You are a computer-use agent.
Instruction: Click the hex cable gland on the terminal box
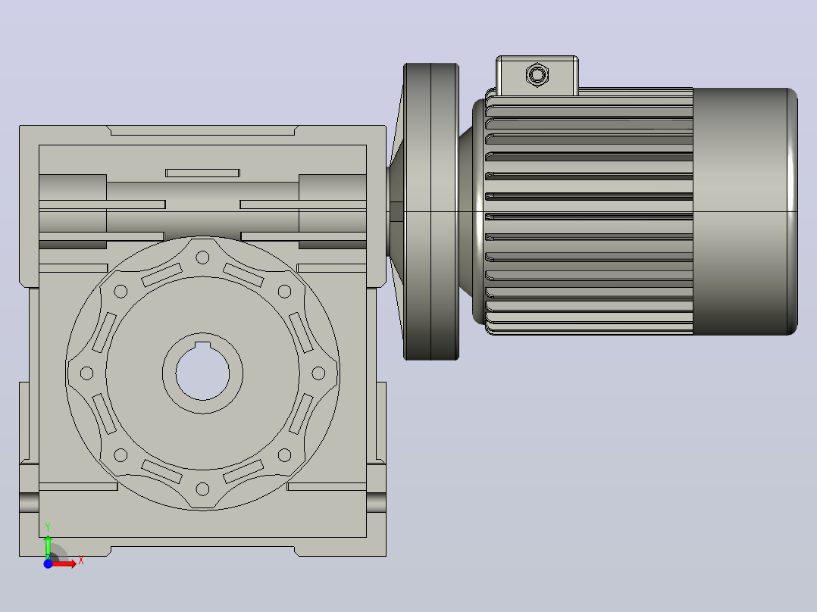pyautogui.click(x=537, y=74)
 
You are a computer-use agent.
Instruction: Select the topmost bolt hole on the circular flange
pyautogui.click(x=202, y=258)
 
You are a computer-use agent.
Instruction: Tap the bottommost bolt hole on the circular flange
pyautogui.click(x=202, y=489)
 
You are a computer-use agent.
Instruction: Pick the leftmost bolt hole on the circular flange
pyautogui.click(x=87, y=373)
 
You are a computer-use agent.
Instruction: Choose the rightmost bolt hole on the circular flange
pyautogui.click(x=318, y=373)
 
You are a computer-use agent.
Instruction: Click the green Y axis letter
pyautogui.click(x=48, y=527)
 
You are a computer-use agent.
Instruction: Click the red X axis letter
pyautogui.click(x=81, y=560)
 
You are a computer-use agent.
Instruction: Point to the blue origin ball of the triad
pyautogui.click(x=48, y=564)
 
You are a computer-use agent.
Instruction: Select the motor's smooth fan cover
pyautogui.click(x=744, y=211)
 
